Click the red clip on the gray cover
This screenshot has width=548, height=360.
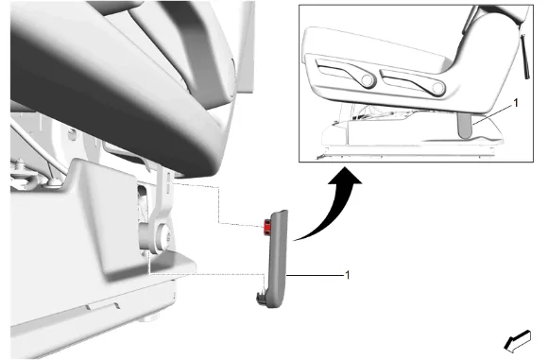(x=267, y=227)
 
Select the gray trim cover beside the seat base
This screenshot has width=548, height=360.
(x=276, y=259)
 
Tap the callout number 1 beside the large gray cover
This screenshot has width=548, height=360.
(x=347, y=275)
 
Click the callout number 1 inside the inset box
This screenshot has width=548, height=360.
(x=515, y=103)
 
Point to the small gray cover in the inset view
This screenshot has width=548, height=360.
(x=465, y=125)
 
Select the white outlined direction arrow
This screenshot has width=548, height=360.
(x=518, y=341)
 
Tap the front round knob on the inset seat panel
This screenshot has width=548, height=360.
(x=437, y=88)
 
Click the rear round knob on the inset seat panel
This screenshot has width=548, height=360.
(x=367, y=80)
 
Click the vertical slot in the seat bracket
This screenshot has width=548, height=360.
(x=168, y=182)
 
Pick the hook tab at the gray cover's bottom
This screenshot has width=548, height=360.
(x=261, y=299)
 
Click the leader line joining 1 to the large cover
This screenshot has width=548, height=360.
(x=315, y=275)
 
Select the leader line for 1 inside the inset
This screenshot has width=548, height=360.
(x=493, y=114)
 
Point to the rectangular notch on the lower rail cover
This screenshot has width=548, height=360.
(x=103, y=306)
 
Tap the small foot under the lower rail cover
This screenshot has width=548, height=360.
(x=148, y=318)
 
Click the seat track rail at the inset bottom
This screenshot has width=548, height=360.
(x=405, y=154)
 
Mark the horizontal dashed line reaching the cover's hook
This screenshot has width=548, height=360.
(x=206, y=274)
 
